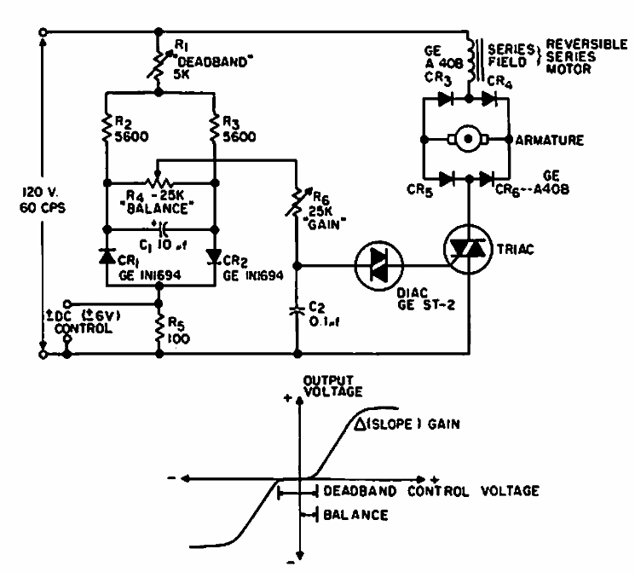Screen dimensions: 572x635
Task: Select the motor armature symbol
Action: click(x=466, y=137)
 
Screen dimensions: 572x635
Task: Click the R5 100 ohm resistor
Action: click(x=159, y=326)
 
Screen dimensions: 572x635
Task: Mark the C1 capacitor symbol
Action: click(x=161, y=228)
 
